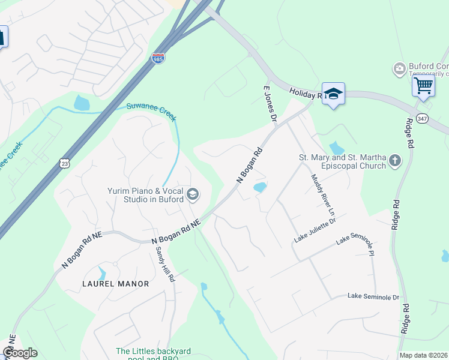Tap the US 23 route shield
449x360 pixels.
click(x=64, y=163)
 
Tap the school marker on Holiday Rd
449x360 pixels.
click(x=333, y=94)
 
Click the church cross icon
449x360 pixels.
click(x=394, y=160)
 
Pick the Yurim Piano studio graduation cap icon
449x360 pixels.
click(x=193, y=194)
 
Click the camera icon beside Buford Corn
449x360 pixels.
click(x=399, y=69)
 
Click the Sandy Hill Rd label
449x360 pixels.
click(x=164, y=264)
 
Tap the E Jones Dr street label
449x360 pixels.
click(x=269, y=104)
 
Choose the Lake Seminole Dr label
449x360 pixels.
click(x=373, y=297)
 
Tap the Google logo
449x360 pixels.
click(x=20, y=353)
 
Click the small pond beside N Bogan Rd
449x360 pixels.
click(x=260, y=188)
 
